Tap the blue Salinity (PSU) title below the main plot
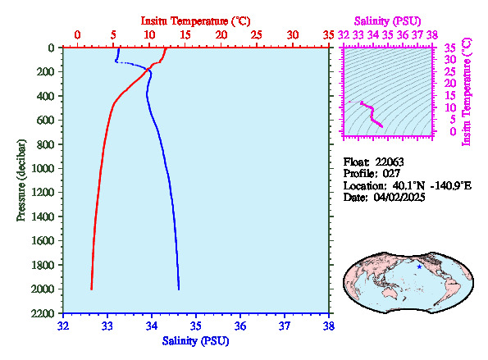pyautogui.click(x=195, y=341)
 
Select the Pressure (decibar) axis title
pyautogui.click(x=21, y=180)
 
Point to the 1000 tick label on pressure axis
pyautogui.click(x=43, y=168)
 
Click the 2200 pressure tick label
pyautogui.click(x=43, y=313)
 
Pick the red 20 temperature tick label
pyautogui.click(x=221, y=34)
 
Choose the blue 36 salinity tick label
pyautogui.click(x=240, y=326)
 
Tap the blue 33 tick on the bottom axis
pyautogui.click(x=107, y=326)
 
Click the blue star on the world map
pyautogui.click(x=420, y=267)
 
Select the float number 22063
pyautogui.click(x=390, y=162)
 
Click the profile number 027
pyautogui.click(x=391, y=173)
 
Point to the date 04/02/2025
pyautogui.click(x=399, y=198)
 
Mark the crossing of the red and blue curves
pyautogui.click(x=148, y=70)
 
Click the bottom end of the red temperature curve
pyautogui.click(x=91, y=289)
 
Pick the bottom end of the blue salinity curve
pyautogui.click(x=179, y=289)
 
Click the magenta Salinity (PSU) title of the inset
pyautogui.click(x=387, y=21)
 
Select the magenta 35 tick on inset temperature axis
pyautogui.click(x=449, y=48)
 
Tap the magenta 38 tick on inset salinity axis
pyautogui.click(x=432, y=34)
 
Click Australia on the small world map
pyautogui.click(x=393, y=293)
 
